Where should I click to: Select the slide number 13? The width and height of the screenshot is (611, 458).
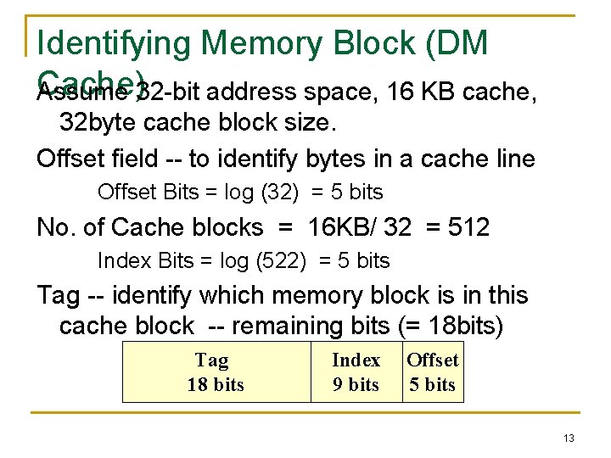click(569, 438)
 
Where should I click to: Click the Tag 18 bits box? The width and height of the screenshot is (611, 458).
click(216, 372)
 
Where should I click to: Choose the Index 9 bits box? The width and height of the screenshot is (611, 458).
click(356, 372)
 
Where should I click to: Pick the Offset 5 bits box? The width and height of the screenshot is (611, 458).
click(432, 372)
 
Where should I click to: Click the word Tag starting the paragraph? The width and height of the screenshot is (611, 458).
click(59, 296)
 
